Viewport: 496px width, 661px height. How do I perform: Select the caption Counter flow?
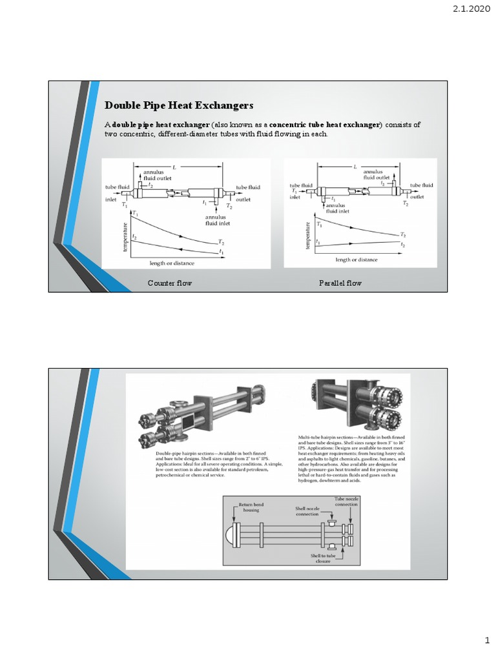[170, 283]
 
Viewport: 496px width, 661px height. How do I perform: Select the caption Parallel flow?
[340, 283]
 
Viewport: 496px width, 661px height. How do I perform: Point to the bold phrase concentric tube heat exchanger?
[325, 124]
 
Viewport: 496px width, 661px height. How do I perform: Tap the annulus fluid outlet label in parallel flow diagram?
[377, 175]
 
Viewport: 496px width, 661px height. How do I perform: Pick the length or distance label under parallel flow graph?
[356, 259]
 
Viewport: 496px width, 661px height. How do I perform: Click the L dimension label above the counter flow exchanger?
[174, 167]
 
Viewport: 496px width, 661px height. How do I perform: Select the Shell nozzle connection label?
[307, 511]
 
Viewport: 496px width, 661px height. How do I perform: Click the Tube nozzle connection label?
[346, 502]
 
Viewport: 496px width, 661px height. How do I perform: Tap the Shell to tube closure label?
[323, 557]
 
